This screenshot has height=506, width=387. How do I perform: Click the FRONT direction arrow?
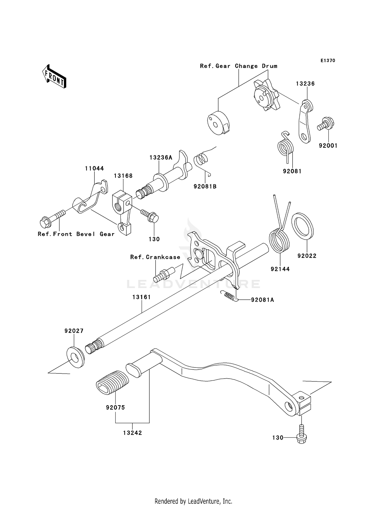[x=54, y=77]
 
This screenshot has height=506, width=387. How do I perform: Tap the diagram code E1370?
[x=328, y=61]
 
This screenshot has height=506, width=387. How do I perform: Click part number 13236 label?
[x=305, y=84]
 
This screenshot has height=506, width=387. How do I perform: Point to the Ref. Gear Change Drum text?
[x=239, y=66]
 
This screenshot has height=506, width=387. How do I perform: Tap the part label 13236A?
[x=161, y=157]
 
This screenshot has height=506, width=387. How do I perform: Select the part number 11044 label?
[x=94, y=168]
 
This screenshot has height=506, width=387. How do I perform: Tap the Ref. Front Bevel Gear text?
[x=76, y=234]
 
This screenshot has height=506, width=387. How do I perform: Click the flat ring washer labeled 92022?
[x=302, y=225]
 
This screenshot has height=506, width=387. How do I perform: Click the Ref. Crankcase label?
[x=155, y=257]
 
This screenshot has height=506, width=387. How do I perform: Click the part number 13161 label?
[x=141, y=297]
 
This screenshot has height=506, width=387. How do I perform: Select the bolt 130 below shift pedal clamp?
[x=302, y=438]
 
